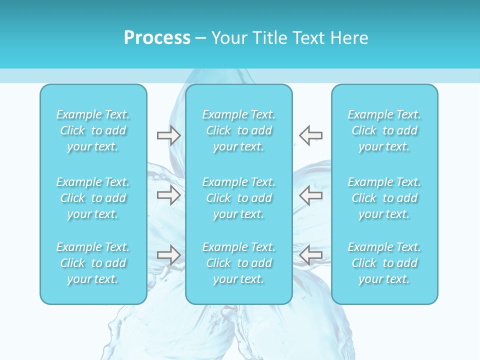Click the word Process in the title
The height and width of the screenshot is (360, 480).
click(157, 38)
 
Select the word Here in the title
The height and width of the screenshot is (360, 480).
click(349, 38)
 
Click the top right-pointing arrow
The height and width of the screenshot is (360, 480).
click(168, 135)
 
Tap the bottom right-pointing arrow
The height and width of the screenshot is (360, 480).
click(168, 255)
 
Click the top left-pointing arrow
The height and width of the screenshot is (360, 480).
click(311, 135)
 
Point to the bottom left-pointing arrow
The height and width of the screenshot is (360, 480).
click(311, 255)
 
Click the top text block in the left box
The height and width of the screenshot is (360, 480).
click(93, 130)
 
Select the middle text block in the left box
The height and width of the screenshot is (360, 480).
click(93, 198)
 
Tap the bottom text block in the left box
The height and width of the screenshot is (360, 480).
click(93, 263)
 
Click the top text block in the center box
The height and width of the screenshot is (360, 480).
click(239, 130)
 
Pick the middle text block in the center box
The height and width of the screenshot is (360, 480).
click(239, 198)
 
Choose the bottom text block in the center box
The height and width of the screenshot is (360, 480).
click(239, 263)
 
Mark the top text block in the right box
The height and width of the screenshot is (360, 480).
click(384, 130)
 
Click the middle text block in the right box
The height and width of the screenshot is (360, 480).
click(384, 198)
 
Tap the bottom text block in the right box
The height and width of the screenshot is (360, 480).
click(384, 263)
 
